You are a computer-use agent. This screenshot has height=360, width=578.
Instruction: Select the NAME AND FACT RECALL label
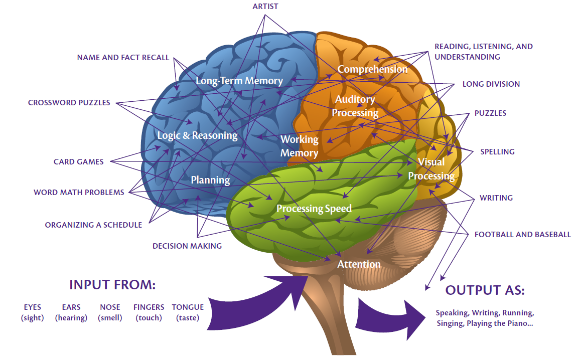click(123, 58)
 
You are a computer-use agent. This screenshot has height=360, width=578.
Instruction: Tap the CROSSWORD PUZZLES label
click(69, 103)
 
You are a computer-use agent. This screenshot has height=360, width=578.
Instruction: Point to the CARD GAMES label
click(79, 162)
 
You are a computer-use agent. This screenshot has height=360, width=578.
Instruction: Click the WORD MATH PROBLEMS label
click(79, 192)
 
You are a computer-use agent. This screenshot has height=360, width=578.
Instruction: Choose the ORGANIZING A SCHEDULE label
click(93, 225)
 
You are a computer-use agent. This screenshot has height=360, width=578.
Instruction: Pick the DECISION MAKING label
click(187, 246)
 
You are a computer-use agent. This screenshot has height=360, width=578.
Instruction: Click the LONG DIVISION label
click(491, 84)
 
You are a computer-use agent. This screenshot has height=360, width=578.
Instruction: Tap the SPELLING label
click(497, 152)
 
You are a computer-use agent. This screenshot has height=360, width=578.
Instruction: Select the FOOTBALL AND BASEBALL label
click(522, 234)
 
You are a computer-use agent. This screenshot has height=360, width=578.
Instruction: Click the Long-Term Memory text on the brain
click(239, 81)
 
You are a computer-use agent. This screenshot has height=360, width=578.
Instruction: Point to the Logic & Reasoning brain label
click(197, 135)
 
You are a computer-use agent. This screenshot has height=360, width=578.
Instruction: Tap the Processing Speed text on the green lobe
click(314, 209)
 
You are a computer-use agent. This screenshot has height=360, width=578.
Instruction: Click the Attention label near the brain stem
click(359, 264)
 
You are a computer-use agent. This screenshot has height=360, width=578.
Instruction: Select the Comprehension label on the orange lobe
click(372, 69)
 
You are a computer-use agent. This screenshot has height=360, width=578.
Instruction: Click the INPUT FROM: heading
click(112, 285)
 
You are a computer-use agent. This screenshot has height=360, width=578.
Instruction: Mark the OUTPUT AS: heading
click(485, 290)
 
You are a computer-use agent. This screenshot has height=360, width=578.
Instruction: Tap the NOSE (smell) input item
click(110, 312)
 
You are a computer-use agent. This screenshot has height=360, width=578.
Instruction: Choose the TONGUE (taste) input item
click(188, 312)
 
